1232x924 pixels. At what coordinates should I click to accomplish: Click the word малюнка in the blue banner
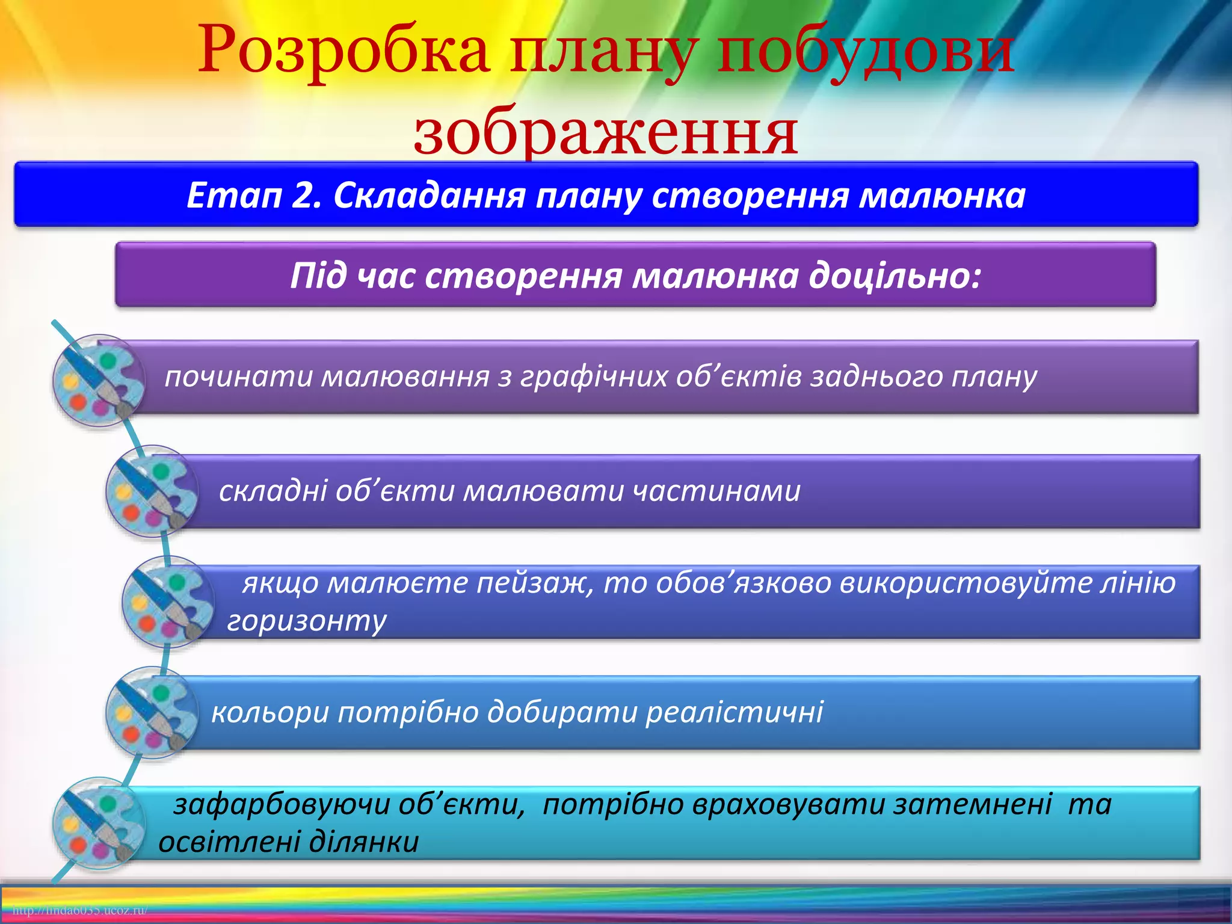[x=941, y=196]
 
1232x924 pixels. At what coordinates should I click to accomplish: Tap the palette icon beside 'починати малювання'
[x=99, y=381]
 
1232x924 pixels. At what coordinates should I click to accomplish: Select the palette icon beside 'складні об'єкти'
[x=152, y=491]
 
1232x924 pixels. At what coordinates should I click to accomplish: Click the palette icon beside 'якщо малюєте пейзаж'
[x=168, y=602]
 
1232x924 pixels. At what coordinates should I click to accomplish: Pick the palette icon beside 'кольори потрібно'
[x=152, y=712]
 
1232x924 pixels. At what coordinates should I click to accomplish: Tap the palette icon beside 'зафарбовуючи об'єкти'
[x=99, y=823]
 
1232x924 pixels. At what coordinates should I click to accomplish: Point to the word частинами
[x=716, y=491]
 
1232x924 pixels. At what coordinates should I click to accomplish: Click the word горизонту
[x=307, y=621]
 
